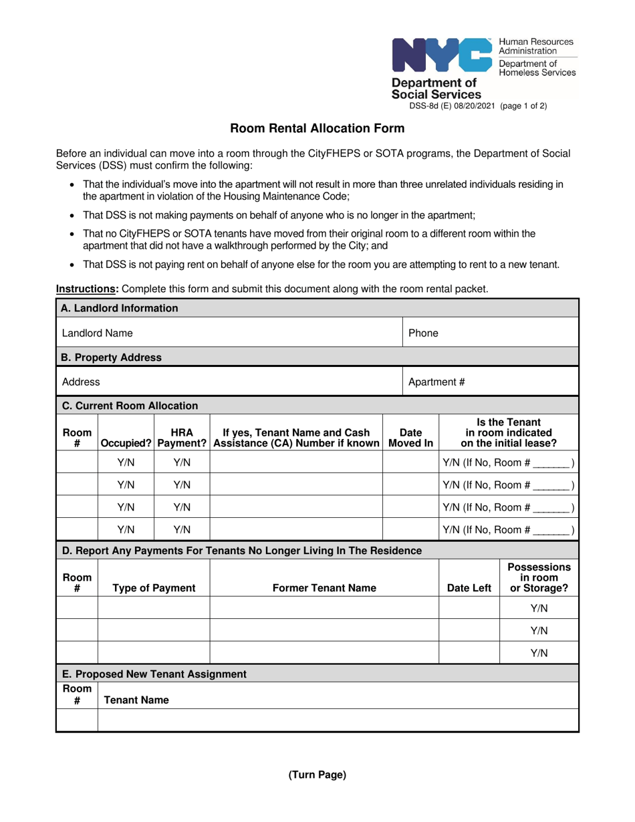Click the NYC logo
pyautogui.click(x=442, y=55)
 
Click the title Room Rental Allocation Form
pyautogui.click(x=317, y=128)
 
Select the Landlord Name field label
pyautogui.click(x=97, y=333)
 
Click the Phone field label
pyautogui.click(x=423, y=333)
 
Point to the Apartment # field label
pyautogui.click(x=436, y=382)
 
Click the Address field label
pyautogui.click(x=81, y=382)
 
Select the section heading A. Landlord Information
pyautogui.click(x=120, y=308)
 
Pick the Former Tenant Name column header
pyautogui.click(x=324, y=588)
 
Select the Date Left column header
pyautogui.click(x=469, y=588)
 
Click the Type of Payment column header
pyautogui.click(x=154, y=588)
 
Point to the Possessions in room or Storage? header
pyautogui.click(x=539, y=577)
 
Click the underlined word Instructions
pyautogui.click(x=84, y=289)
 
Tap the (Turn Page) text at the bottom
pyautogui.click(x=317, y=775)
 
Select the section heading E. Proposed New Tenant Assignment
pyautogui.click(x=154, y=674)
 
